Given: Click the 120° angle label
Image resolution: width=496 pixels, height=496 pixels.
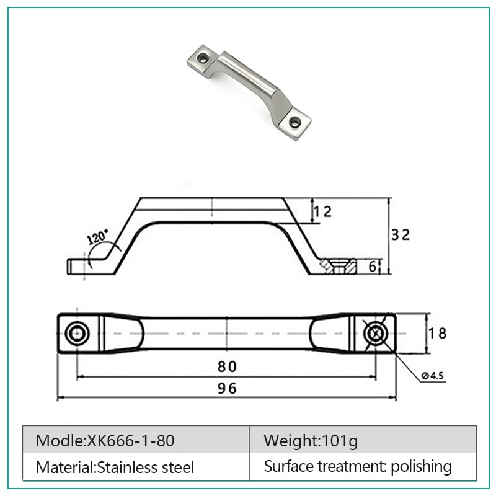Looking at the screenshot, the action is (x=97, y=236).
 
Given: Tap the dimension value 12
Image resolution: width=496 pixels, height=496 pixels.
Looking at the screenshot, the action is (x=322, y=211).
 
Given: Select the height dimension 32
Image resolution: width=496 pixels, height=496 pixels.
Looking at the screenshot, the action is (x=401, y=234).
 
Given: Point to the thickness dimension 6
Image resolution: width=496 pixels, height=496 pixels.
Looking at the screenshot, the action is (x=373, y=267).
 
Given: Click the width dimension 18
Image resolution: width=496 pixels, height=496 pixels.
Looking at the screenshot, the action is (x=438, y=333).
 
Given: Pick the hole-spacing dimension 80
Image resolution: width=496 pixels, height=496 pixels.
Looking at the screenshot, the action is (x=227, y=366).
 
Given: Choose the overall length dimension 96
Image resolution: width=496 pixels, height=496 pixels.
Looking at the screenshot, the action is (x=227, y=389).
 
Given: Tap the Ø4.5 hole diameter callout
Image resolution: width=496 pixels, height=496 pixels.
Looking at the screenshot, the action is (x=432, y=376).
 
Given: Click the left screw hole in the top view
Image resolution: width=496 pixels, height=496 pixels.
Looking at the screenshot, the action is (x=77, y=334).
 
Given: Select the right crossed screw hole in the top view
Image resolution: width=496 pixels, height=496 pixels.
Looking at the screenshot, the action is (x=376, y=334).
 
